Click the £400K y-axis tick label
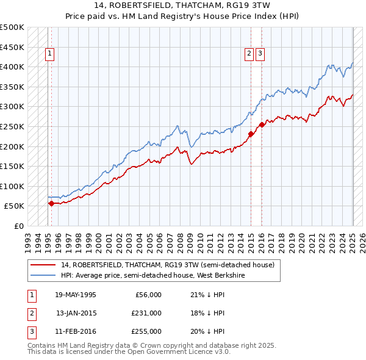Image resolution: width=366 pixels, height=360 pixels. pyautogui.click(x=12, y=67)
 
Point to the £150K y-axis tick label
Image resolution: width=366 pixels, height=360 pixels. pyautogui.click(x=12, y=166)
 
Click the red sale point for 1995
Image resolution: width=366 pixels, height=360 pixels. pyautogui.click(x=51, y=204)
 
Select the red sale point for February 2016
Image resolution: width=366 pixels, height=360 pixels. pyautogui.click(x=262, y=124)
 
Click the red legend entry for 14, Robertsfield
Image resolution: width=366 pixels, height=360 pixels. pyautogui.click(x=168, y=265)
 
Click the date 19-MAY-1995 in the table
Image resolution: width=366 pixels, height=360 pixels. pyautogui.click(x=76, y=295)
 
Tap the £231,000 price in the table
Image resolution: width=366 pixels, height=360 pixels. pyautogui.click(x=146, y=313)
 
